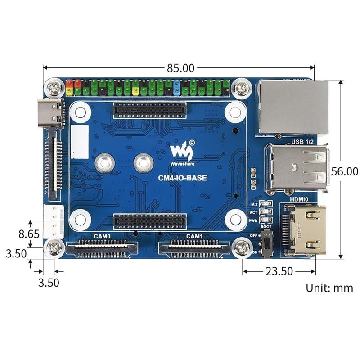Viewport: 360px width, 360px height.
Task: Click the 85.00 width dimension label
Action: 180,68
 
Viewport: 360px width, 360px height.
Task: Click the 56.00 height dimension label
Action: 344,171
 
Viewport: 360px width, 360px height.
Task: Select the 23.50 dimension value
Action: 279,271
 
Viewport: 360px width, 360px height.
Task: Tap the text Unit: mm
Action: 329,288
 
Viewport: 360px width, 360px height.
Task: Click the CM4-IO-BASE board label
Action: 182,178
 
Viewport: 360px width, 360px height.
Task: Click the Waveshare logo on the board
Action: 182,153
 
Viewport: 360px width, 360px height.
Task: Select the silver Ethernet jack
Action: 292,107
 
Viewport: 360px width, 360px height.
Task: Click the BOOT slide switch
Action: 266,245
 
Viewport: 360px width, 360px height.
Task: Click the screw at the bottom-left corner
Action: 54,247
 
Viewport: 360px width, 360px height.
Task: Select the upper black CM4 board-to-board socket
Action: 150,110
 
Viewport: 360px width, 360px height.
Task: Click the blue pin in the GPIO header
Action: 177,87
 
